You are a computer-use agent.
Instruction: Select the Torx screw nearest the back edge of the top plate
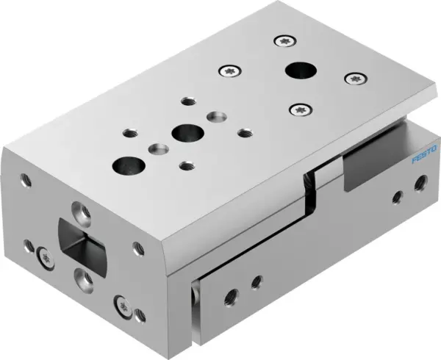[x=284, y=41]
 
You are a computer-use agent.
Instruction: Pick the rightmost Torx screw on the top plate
[x=355, y=78]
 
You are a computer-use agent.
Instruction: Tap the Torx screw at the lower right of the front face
[x=122, y=303]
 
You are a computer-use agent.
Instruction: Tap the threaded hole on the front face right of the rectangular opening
[x=137, y=248]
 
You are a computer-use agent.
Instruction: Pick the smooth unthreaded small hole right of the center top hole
[x=215, y=116]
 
